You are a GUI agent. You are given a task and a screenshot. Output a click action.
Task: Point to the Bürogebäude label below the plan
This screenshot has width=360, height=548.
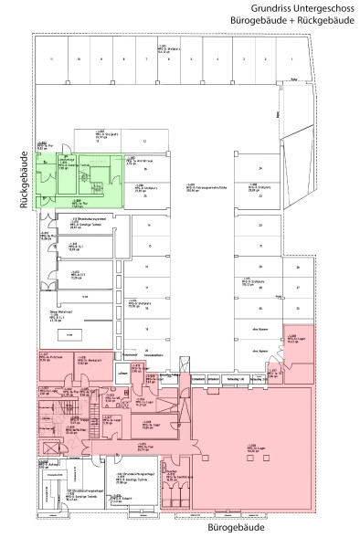point(219,528)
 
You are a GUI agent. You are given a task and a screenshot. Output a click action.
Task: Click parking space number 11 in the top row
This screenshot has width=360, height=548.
point(54,58)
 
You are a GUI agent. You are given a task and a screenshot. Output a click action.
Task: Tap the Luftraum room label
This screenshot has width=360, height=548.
point(122,374)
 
